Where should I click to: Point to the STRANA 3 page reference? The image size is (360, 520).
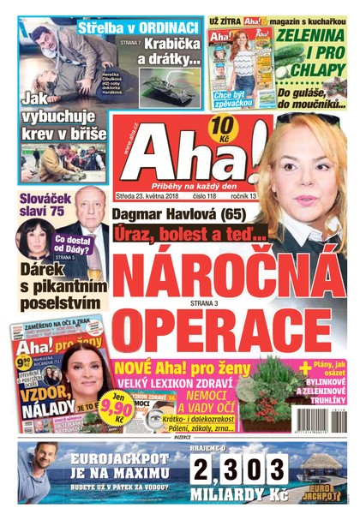coord(197,301)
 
